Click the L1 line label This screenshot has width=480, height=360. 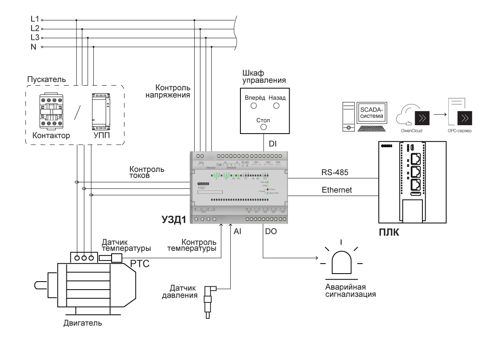coord(34,19)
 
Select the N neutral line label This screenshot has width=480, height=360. coord(34,47)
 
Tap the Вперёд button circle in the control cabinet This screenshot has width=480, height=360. coord(254,106)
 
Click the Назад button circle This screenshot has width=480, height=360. coord(276,106)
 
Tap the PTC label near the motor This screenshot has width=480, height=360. coord(140,264)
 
